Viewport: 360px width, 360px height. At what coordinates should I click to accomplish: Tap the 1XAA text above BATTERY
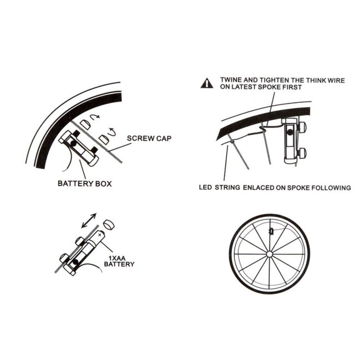[x=115, y=258]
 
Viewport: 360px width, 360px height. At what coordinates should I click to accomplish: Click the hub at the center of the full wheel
[x=269, y=254]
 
